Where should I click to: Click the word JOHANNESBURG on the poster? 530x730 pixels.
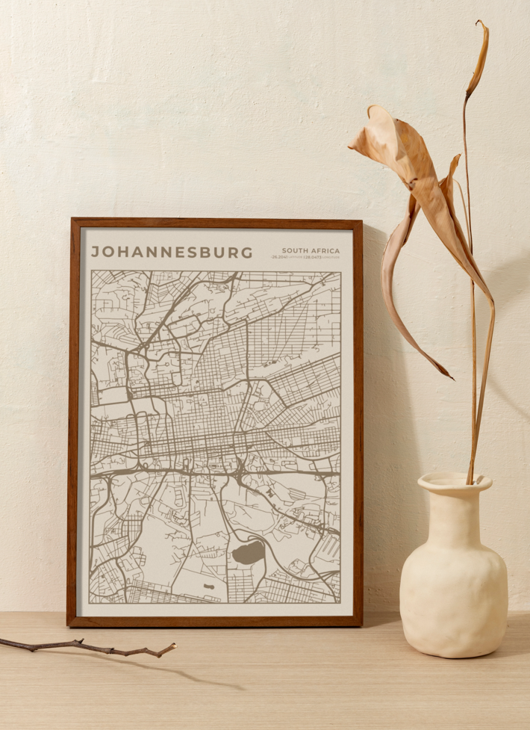point(172,253)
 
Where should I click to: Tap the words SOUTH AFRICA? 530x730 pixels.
point(311,250)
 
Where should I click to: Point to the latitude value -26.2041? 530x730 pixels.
point(280,257)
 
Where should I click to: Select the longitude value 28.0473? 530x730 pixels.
point(313,257)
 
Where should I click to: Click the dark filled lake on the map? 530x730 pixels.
point(248,554)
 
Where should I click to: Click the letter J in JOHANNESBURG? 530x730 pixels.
point(95,253)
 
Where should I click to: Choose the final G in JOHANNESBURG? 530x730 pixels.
point(247,253)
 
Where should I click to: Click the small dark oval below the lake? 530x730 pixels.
point(208,587)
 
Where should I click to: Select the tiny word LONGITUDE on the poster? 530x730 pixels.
point(331,257)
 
